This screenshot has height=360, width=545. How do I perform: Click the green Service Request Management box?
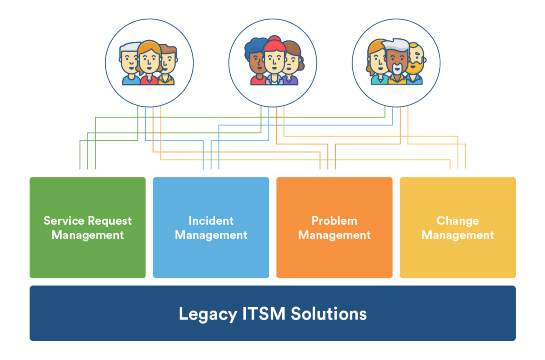(87, 252)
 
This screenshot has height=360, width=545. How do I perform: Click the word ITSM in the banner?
(264, 314)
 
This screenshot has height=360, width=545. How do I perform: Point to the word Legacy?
(208, 314)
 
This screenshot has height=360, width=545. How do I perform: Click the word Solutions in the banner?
(329, 314)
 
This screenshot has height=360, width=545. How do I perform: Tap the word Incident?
(211, 220)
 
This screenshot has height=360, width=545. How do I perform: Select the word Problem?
(334, 220)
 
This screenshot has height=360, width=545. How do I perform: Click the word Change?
(458, 221)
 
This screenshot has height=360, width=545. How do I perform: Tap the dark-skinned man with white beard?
(397, 59)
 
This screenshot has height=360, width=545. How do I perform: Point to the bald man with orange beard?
(416, 59)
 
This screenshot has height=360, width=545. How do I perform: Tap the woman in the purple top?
(292, 65)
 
